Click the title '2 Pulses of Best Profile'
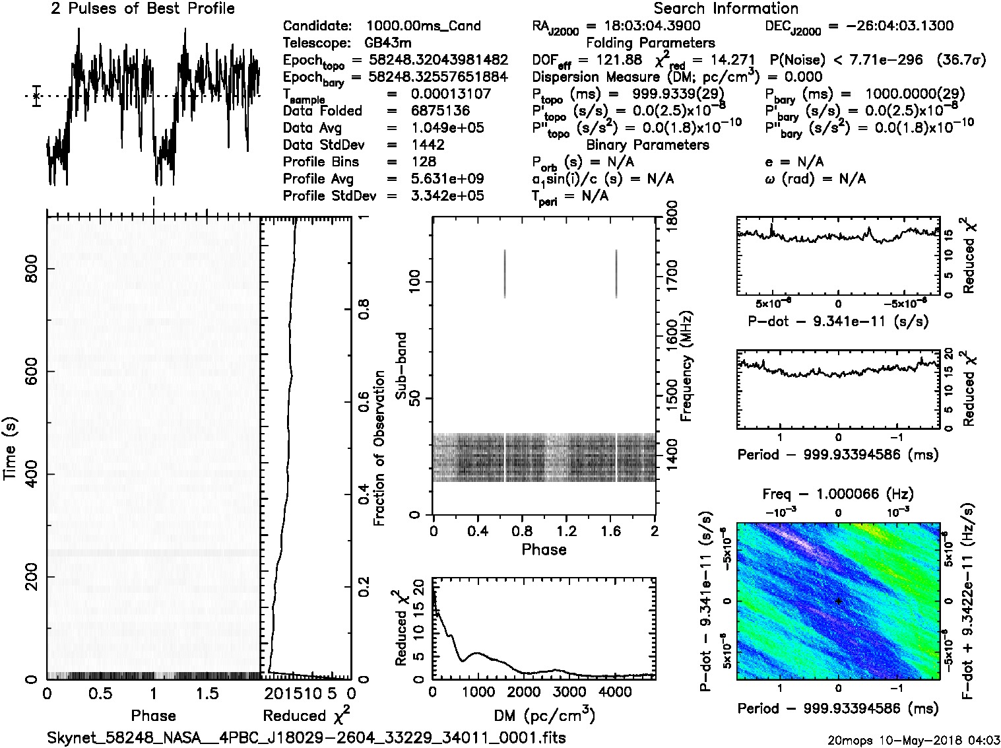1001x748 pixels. (x=143, y=9)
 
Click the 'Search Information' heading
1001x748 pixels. (x=725, y=9)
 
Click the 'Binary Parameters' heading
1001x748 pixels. (x=647, y=145)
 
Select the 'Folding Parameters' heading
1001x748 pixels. (x=650, y=43)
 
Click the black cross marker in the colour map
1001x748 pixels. (x=838, y=601)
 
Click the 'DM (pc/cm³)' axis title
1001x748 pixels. (x=544, y=715)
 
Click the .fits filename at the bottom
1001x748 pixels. (x=306, y=737)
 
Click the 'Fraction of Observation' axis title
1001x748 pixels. (x=379, y=448)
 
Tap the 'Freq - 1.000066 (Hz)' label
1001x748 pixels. (x=837, y=493)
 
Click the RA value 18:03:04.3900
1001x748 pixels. (x=643, y=26)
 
